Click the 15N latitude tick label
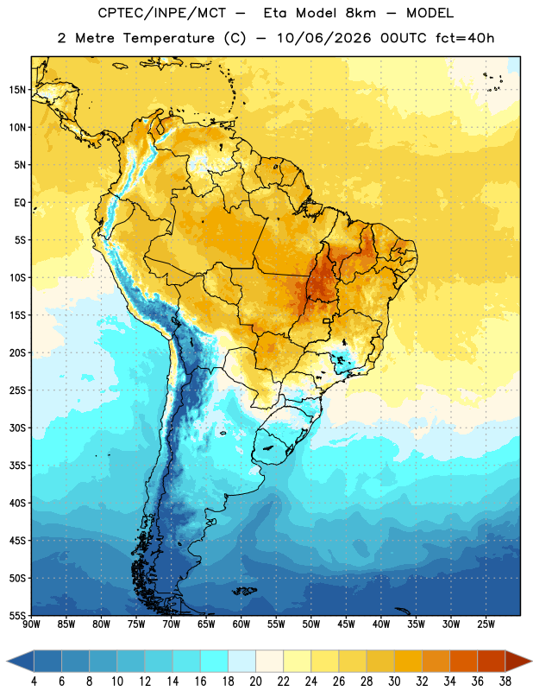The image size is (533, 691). [x=17, y=90]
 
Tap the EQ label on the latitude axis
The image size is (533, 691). [x=20, y=203]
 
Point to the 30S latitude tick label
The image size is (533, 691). [x=17, y=428]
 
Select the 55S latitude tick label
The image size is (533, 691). [x=17, y=615]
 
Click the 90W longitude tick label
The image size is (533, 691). [x=31, y=624]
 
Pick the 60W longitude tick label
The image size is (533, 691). [x=241, y=624]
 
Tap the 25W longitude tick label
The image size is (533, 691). [x=486, y=624]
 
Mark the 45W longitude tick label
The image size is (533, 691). [x=346, y=624]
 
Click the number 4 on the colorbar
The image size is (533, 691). [x=34, y=681]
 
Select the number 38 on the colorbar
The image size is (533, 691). [x=505, y=681]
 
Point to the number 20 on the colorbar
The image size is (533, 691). [x=255, y=681]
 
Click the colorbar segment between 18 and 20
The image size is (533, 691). [x=241, y=662]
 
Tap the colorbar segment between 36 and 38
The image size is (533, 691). [x=492, y=662]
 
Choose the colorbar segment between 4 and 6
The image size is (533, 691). [x=47, y=662]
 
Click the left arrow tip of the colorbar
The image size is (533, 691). [x=7, y=662]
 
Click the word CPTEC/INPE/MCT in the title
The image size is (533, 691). [x=162, y=13]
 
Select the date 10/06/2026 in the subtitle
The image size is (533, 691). [x=324, y=38]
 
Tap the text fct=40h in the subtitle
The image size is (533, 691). [x=465, y=38]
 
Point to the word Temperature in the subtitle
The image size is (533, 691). [x=168, y=39]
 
